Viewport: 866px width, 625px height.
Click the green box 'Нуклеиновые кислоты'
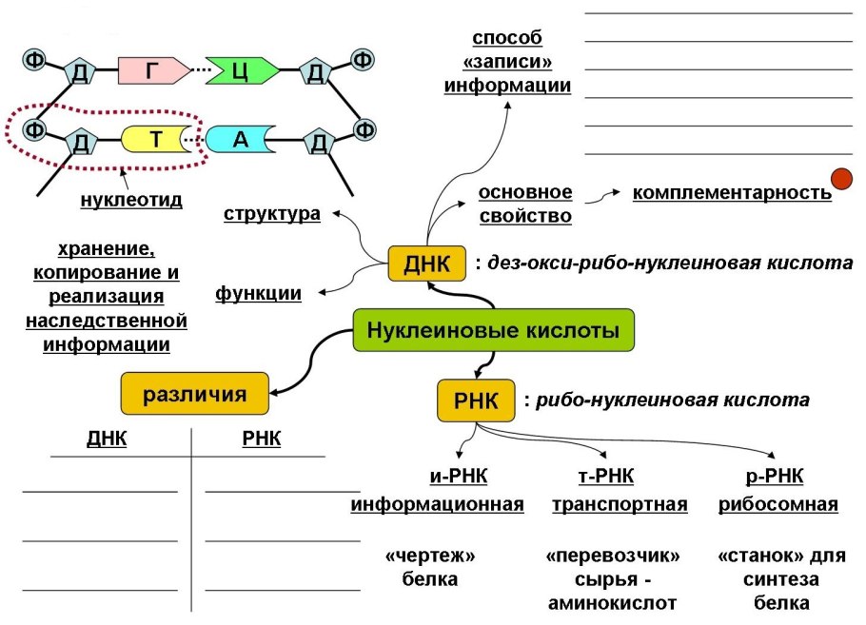(x=493, y=332)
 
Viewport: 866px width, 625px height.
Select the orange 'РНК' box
(x=475, y=400)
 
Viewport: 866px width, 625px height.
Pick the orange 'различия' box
(x=194, y=394)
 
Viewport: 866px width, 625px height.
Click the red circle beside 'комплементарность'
(x=841, y=179)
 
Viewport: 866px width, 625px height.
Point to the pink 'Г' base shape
(x=152, y=69)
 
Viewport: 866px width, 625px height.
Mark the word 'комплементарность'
(x=732, y=193)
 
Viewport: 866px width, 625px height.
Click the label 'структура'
(x=272, y=213)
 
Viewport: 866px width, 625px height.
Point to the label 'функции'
(x=259, y=294)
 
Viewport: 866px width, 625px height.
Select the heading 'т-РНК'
(x=605, y=476)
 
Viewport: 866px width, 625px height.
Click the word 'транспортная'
(x=620, y=504)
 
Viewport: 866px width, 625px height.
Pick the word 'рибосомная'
(x=777, y=504)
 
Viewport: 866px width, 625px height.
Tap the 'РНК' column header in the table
(x=262, y=439)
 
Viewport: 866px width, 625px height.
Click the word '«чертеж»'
(x=430, y=554)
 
